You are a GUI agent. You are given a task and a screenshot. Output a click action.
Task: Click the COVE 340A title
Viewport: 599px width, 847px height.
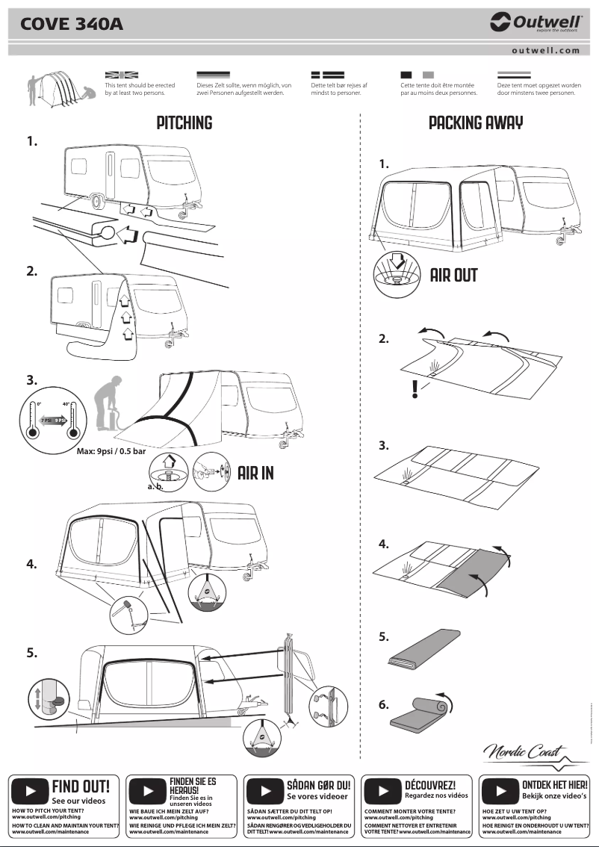tap(72, 25)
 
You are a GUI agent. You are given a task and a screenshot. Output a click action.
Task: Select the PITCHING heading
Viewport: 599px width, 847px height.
tap(184, 123)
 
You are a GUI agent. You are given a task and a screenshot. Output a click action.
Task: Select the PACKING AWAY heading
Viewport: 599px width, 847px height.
tap(476, 123)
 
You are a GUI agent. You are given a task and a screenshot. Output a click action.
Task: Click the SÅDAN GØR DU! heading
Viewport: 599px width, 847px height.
tap(319, 785)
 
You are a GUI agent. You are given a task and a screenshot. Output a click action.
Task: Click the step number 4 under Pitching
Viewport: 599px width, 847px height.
tap(31, 565)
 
